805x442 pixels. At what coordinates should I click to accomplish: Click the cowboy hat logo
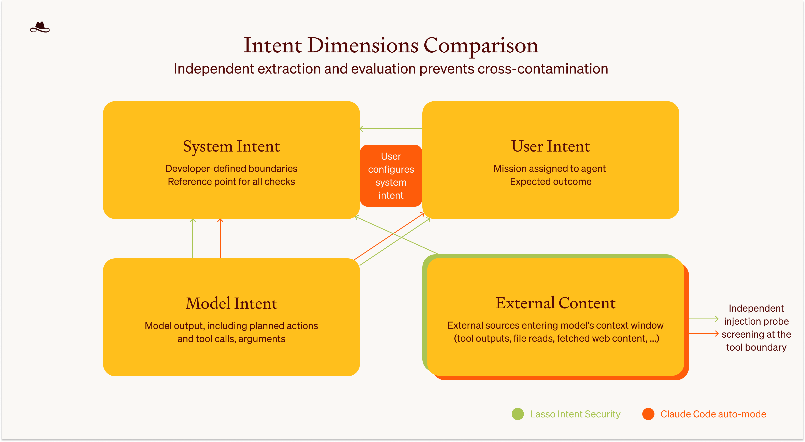pos(40,28)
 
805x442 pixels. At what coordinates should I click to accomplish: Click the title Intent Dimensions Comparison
pos(391,46)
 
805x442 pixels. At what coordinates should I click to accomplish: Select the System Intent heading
pos(231,146)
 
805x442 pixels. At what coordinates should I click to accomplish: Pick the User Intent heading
pos(550,146)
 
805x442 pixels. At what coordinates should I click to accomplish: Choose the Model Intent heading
pos(231,303)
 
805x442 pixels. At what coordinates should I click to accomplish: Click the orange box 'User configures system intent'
pos(391,175)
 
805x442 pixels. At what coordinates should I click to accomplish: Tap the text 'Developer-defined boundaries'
pos(231,169)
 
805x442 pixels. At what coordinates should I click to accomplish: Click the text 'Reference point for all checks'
pos(231,182)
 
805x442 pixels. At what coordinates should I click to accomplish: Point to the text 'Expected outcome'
pos(550,182)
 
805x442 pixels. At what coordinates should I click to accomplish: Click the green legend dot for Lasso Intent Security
pos(518,414)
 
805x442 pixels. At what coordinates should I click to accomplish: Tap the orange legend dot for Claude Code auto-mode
pos(648,414)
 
